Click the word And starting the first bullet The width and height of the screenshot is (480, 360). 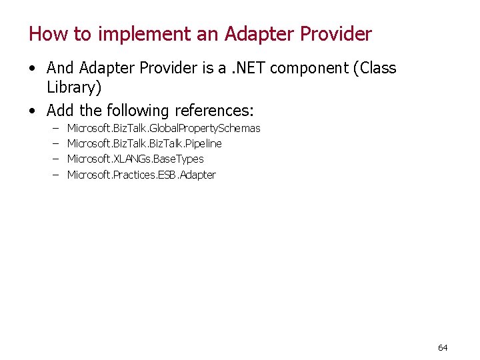pos(61,68)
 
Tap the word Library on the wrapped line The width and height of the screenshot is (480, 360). pos(73,87)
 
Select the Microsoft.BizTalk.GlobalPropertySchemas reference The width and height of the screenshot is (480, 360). pos(164,128)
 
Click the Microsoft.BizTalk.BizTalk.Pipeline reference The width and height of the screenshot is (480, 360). pos(145,143)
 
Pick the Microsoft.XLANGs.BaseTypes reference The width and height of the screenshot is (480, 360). pos(135,159)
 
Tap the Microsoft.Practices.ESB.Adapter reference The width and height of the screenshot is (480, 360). pos(141,175)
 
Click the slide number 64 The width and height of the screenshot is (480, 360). pos(443,347)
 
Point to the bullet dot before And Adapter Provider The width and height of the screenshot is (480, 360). pos(33,69)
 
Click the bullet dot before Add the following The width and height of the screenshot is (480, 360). pos(33,110)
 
